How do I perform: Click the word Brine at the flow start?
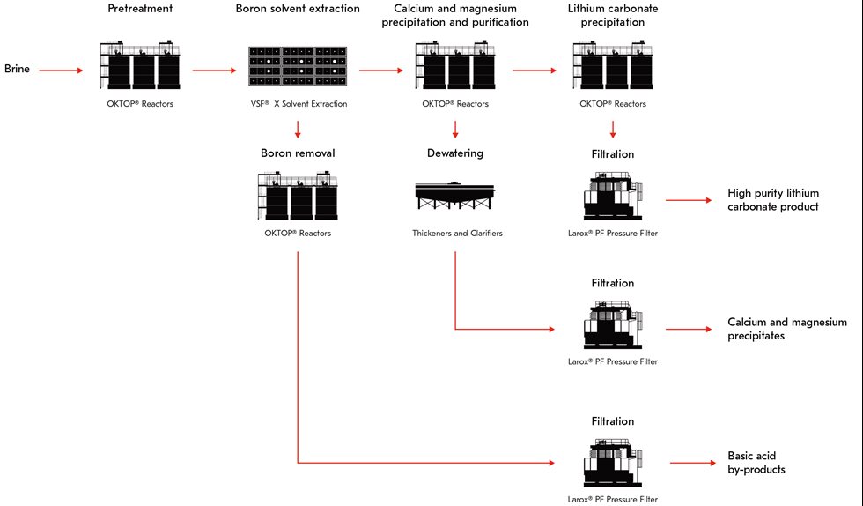pyautogui.click(x=18, y=68)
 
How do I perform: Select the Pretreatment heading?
pyautogui.click(x=141, y=9)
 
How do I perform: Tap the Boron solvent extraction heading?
pyautogui.click(x=298, y=9)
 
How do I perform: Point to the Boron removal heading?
pyautogui.click(x=298, y=153)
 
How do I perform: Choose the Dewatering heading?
pyautogui.click(x=455, y=153)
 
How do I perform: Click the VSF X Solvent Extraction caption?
pyautogui.click(x=298, y=104)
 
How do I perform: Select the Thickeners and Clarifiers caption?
pyautogui.click(x=455, y=234)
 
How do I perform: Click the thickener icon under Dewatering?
pyautogui.click(x=455, y=196)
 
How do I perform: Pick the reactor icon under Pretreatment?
pyautogui.click(x=141, y=66)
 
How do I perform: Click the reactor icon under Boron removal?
pyautogui.click(x=298, y=197)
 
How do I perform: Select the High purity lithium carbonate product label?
pyautogui.click(x=773, y=199)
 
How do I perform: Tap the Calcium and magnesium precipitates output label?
pyautogui.click(x=787, y=329)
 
